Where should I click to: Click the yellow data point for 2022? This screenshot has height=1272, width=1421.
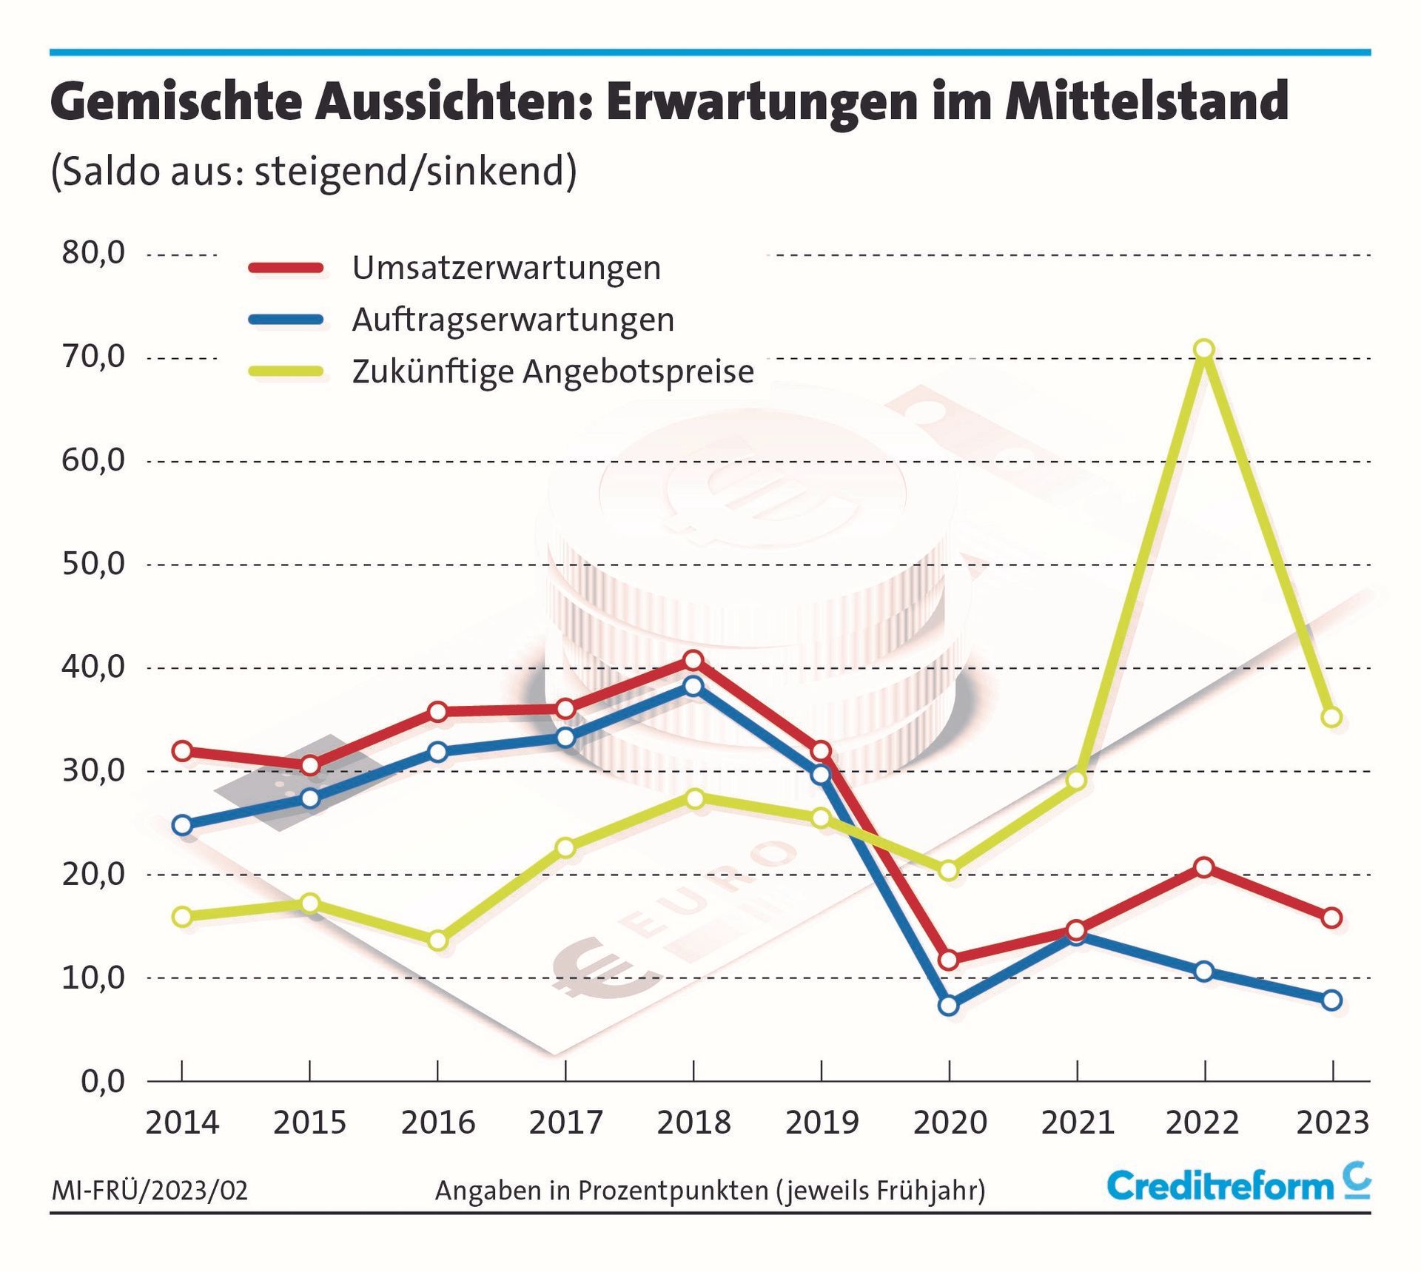click(x=1204, y=349)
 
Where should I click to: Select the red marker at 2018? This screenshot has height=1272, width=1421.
click(x=693, y=660)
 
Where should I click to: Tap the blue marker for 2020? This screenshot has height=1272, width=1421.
click(x=949, y=1005)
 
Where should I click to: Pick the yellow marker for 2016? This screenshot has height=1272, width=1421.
click(x=438, y=940)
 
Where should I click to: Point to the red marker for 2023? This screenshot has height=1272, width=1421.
click(x=1331, y=918)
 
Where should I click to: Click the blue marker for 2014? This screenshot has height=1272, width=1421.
click(x=182, y=825)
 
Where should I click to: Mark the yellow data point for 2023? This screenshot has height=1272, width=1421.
click(x=1331, y=717)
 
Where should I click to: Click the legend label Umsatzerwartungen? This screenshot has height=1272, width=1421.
click(x=506, y=268)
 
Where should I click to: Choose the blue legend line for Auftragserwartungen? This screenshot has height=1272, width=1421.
click(x=286, y=320)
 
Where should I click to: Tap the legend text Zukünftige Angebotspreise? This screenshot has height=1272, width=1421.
click(x=553, y=371)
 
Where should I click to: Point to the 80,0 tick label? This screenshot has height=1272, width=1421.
click(x=93, y=253)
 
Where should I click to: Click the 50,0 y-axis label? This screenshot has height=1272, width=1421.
click(x=93, y=564)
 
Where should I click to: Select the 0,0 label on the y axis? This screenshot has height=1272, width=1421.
click(x=102, y=1082)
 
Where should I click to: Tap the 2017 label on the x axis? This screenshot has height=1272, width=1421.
click(x=565, y=1123)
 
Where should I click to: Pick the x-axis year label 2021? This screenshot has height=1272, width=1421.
click(x=1078, y=1123)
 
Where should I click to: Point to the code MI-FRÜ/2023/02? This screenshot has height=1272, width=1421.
click(x=150, y=1191)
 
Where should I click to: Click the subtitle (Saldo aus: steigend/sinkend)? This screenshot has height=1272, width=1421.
click(x=314, y=172)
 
